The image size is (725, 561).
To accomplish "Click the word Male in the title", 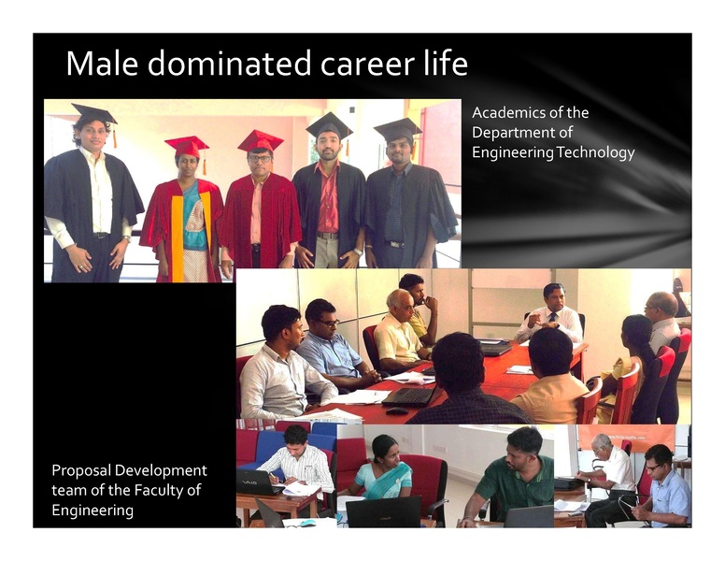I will [x=100, y=65].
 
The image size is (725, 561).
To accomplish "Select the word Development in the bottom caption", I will [x=163, y=470].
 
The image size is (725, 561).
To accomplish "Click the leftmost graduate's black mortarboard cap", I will [x=93, y=114].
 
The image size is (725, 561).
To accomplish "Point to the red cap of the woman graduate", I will [x=187, y=145].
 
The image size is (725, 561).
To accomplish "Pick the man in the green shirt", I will [x=515, y=477].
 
